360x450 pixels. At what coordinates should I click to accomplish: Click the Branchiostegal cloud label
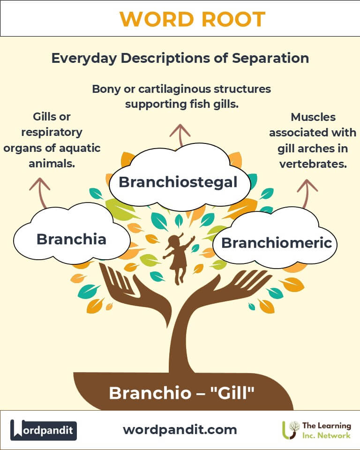click(x=178, y=181)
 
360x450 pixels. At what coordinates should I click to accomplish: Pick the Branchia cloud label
click(x=71, y=239)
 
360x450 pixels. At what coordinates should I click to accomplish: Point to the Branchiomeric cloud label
click(x=277, y=243)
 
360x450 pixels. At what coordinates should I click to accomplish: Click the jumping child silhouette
click(x=178, y=258)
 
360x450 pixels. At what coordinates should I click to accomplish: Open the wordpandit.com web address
click(x=180, y=429)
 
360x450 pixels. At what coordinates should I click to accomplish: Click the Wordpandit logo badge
click(x=44, y=430)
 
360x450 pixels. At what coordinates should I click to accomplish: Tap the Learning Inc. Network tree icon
click(x=291, y=430)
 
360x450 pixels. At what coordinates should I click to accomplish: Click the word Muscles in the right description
click(x=313, y=117)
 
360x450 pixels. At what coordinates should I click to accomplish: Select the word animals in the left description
click(x=51, y=165)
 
